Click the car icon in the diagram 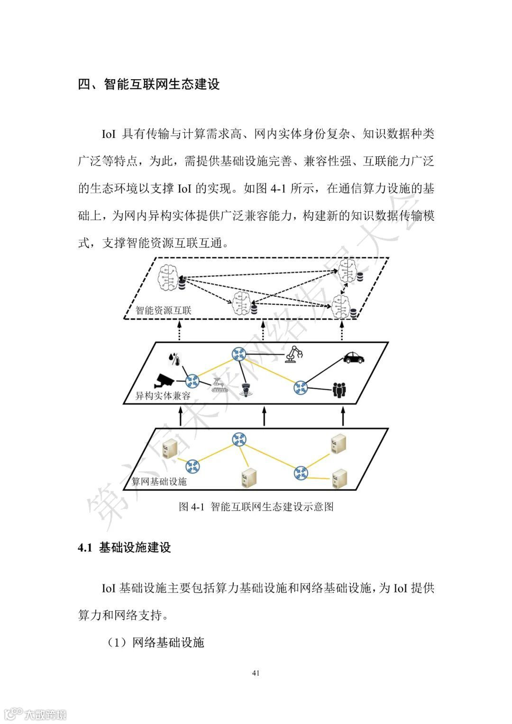pyautogui.click(x=353, y=357)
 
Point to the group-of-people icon pyautogui.click(x=339, y=389)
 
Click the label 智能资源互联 pyautogui.click(x=164, y=311)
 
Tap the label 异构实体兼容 pyautogui.click(x=163, y=395)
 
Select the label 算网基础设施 pyautogui.click(x=159, y=482)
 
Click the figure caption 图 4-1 pyautogui.click(x=256, y=506)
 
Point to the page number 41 pyautogui.click(x=256, y=673)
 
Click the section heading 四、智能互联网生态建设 pyautogui.click(x=149, y=84)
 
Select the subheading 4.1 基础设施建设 pyautogui.click(x=124, y=548)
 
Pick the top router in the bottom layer pyautogui.click(x=239, y=439)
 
